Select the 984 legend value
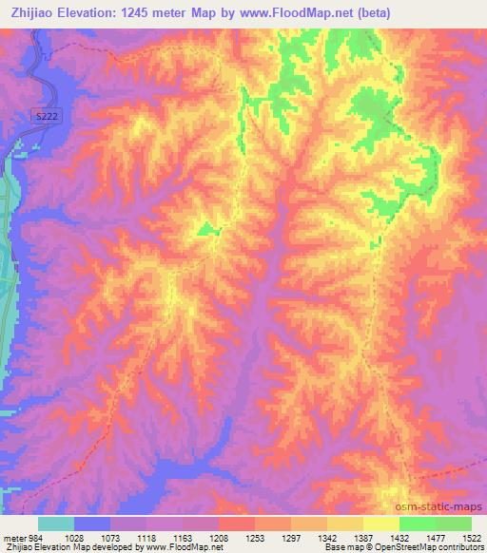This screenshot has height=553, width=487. coord(29,537)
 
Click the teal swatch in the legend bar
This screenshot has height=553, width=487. coord(56,524)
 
